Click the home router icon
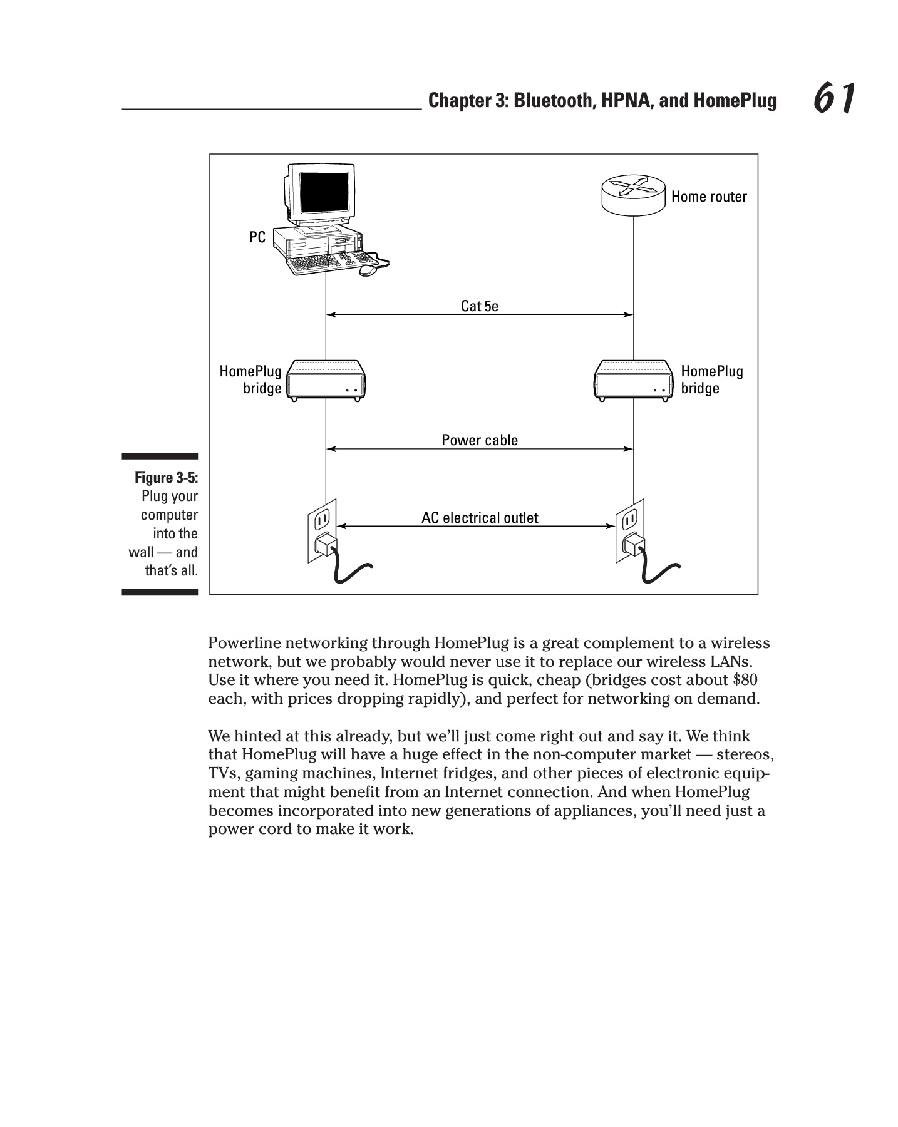632,195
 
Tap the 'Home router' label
709,197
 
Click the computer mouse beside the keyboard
368,270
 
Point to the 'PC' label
257,237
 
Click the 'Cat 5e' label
480,306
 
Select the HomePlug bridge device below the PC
326,380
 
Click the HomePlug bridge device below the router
632,380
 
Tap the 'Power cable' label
480,440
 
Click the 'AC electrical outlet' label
480,518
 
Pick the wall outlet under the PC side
322,530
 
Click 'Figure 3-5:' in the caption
167,478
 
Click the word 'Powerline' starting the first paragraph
245,643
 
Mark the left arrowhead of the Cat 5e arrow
331,315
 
